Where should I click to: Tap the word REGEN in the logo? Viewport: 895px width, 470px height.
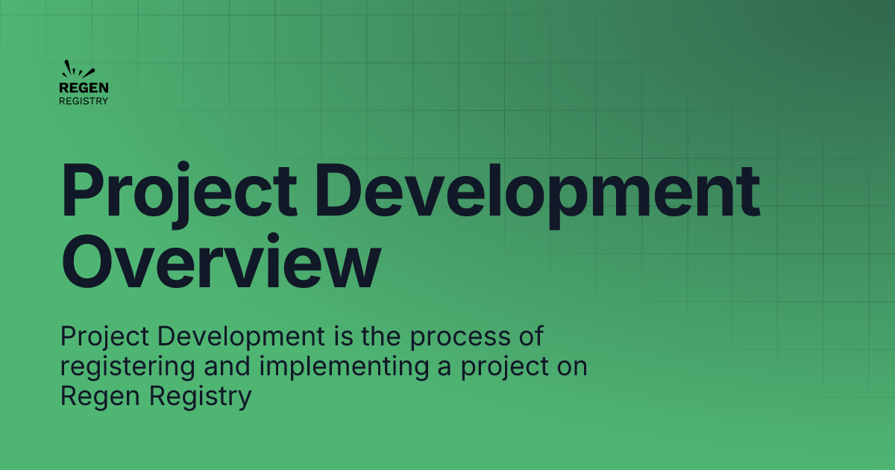78,88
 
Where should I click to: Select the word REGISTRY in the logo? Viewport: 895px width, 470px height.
84,101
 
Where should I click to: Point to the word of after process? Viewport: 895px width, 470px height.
531,337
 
